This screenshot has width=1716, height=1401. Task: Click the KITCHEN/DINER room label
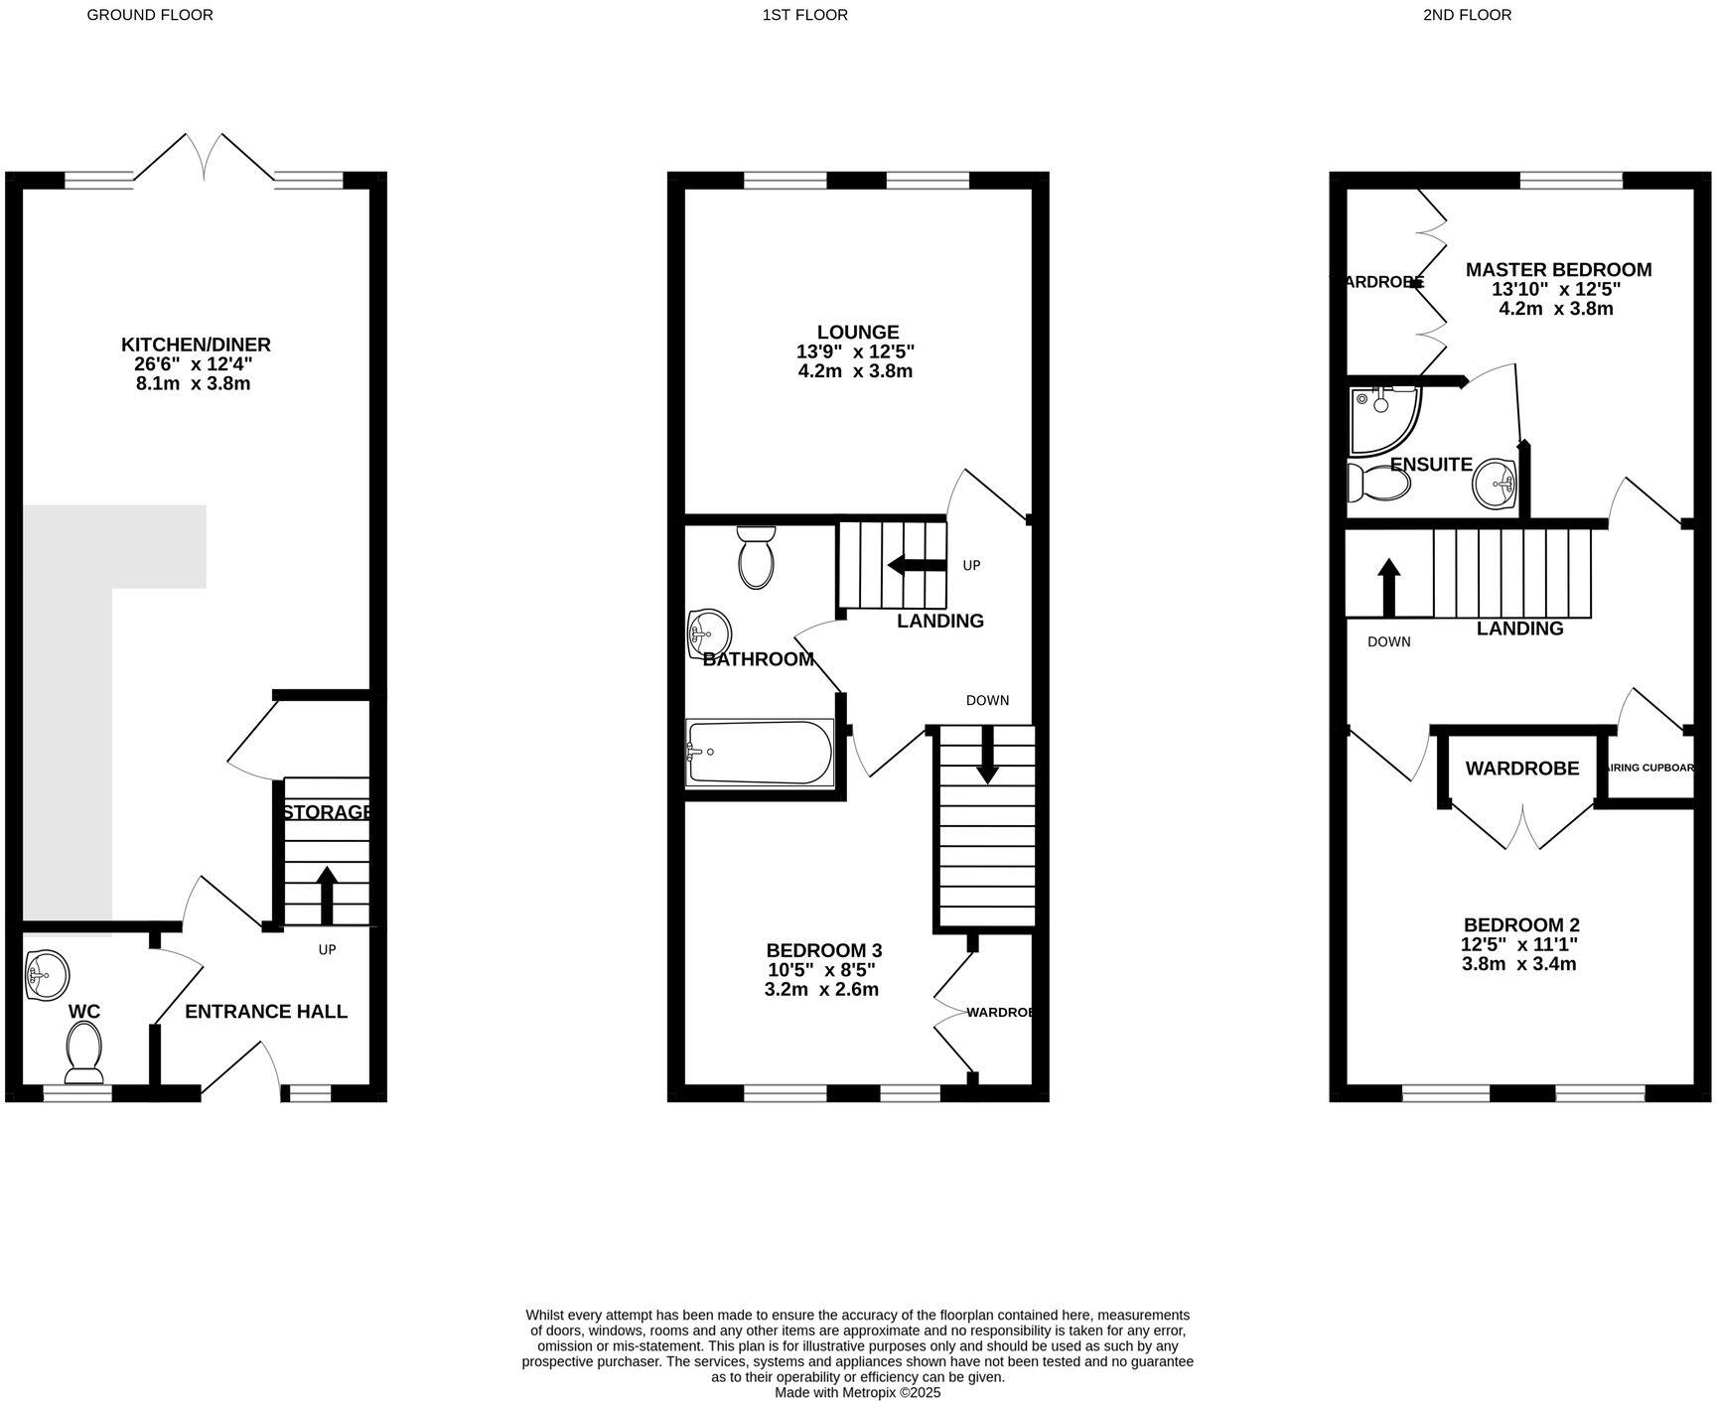(x=196, y=345)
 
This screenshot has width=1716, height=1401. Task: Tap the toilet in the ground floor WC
(x=84, y=1052)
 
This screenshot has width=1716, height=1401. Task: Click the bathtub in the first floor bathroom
(x=759, y=753)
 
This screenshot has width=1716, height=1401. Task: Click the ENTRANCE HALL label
(x=266, y=1012)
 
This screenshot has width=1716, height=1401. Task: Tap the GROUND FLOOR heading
(x=150, y=15)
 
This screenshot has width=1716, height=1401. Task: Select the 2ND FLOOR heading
(x=1467, y=15)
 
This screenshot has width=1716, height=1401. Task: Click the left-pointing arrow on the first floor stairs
(x=916, y=565)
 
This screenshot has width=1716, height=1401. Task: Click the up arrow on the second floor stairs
(x=1388, y=586)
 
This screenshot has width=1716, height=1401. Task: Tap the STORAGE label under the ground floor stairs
(x=328, y=812)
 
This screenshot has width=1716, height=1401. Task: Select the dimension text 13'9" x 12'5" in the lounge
(x=855, y=351)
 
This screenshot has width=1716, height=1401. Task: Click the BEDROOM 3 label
(x=823, y=950)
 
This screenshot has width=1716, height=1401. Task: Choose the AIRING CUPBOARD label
(x=1648, y=768)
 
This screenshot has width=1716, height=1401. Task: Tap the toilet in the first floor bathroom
(x=758, y=559)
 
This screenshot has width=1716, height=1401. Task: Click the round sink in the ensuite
(x=1494, y=484)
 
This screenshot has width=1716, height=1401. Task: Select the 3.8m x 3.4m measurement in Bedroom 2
(x=1519, y=964)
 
